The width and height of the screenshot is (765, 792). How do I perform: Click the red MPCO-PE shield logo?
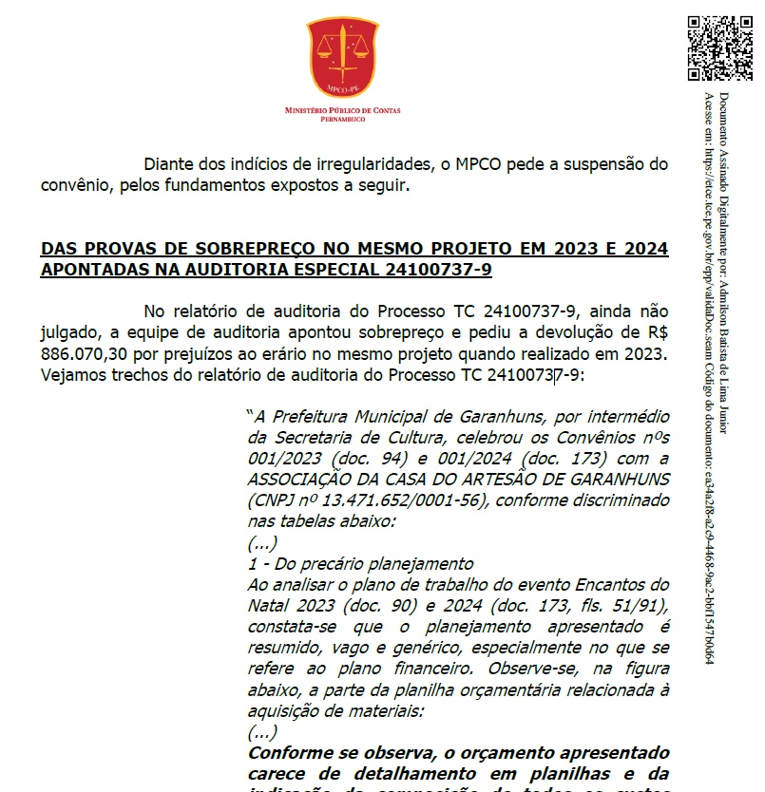click(342, 56)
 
